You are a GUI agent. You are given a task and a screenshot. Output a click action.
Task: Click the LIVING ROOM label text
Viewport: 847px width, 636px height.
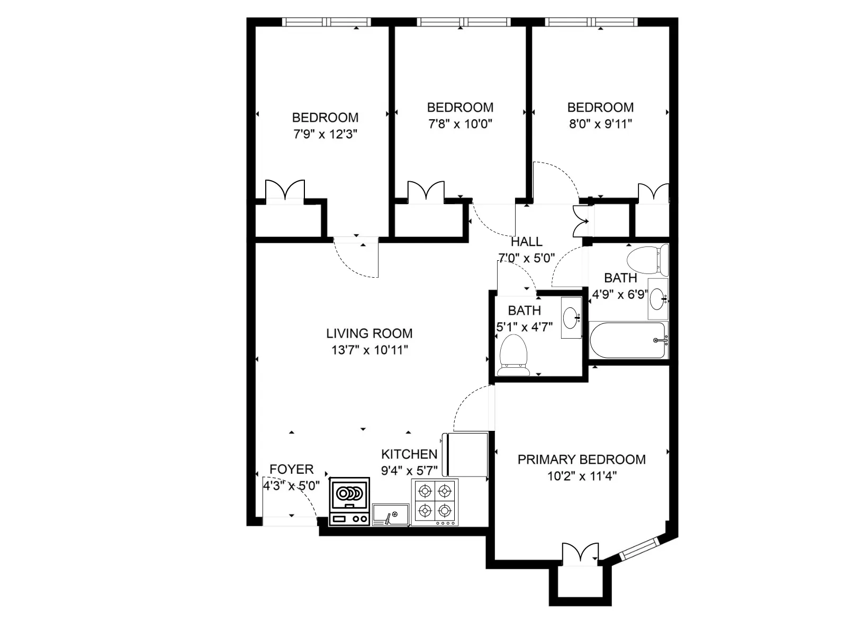coord(369,333)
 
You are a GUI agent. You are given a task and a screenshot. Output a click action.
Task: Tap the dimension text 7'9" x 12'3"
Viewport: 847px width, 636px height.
coord(325,134)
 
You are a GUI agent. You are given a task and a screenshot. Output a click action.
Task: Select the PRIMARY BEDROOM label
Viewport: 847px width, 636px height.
coord(581,460)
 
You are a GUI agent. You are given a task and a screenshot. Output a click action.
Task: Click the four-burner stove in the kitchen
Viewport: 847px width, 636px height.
coord(435,501)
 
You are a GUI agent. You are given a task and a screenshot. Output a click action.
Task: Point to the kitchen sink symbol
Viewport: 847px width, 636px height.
coord(391,514)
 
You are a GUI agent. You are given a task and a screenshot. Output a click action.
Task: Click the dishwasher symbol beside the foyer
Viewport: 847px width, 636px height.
coord(349,501)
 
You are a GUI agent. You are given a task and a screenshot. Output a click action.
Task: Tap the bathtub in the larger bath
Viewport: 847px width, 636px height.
coord(628,340)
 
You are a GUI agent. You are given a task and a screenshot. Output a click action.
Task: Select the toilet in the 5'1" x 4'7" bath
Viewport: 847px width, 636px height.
coord(513,354)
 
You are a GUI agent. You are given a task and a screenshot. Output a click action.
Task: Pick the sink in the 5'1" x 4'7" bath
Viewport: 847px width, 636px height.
coord(571,317)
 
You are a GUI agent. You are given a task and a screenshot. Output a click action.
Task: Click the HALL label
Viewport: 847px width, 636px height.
coord(526,242)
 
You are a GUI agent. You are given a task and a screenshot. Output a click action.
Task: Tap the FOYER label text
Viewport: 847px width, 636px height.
coord(291,469)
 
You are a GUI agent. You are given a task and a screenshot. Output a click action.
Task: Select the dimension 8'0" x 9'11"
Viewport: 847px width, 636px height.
coord(600,124)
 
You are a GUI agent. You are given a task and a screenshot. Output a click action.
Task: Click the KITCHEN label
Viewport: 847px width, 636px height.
coord(409,454)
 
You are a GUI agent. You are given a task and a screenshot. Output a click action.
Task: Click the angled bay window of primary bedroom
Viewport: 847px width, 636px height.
coord(639,549)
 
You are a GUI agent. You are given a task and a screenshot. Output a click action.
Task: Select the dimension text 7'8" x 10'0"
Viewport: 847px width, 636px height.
coord(460,124)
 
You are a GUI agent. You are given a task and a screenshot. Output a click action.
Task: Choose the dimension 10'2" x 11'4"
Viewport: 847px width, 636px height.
coord(581,476)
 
